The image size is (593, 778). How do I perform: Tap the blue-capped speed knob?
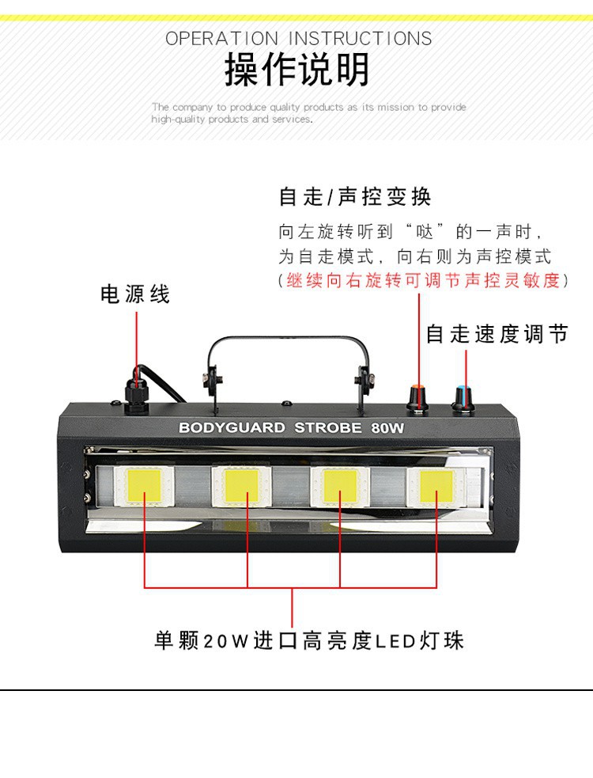[x=461, y=394]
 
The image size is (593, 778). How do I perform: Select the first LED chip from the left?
[x=145, y=485]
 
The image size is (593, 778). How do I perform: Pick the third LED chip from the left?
[x=341, y=485]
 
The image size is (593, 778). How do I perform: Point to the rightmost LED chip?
[x=436, y=485]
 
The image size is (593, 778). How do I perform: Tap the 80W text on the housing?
[x=387, y=428]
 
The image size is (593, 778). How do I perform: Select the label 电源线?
[x=135, y=294]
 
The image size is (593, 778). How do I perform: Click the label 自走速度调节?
[x=497, y=334]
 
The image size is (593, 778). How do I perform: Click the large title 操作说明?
[x=296, y=70]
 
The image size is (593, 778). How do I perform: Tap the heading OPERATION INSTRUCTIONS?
[x=298, y=39]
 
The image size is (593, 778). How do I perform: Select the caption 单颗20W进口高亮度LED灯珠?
[x=308, y=640]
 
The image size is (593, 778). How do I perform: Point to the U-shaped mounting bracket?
[x=289, y=348]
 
